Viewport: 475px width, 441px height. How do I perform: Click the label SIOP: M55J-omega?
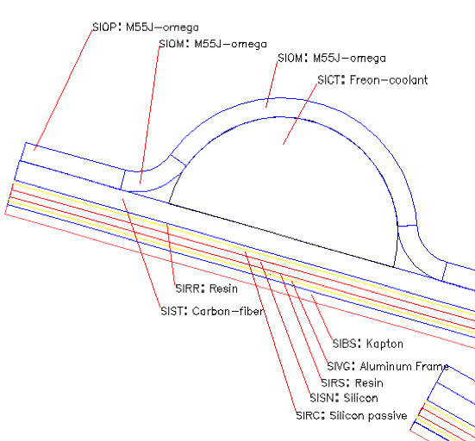tap(146, 28)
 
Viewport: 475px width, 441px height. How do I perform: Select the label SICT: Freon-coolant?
tap(372, 80)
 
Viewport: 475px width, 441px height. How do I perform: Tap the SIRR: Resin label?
tap(206, 289)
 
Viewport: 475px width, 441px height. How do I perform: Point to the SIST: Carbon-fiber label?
tap(212, 311)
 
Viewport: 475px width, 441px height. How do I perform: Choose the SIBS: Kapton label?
tap(368, 344)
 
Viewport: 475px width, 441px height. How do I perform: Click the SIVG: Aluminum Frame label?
tap(388, 367)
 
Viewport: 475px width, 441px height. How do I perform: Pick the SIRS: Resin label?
tap(352, 383)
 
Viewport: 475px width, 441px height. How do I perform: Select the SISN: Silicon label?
tap(344, 398)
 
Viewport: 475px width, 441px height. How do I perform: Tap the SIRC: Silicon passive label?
tap(352, 415)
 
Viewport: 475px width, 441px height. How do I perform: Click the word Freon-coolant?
tap(389, 80)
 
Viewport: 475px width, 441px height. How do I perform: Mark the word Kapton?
tap(384, 345)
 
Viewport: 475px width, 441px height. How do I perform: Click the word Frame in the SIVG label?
tap(432, 367)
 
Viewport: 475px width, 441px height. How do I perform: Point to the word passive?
tap(387, 416)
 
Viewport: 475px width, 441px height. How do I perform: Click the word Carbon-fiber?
tap(228, 311)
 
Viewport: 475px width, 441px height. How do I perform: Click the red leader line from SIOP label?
tap(63, 90)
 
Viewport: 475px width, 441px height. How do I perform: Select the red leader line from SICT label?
tap(300, 114)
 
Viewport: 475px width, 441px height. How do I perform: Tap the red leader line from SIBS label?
tap(322, 317)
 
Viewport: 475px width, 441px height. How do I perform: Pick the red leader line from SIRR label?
tap(171, 254)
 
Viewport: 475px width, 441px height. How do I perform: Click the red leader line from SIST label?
tap(141, 253)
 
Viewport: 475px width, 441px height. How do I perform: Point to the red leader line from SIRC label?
tap(271, 331)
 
